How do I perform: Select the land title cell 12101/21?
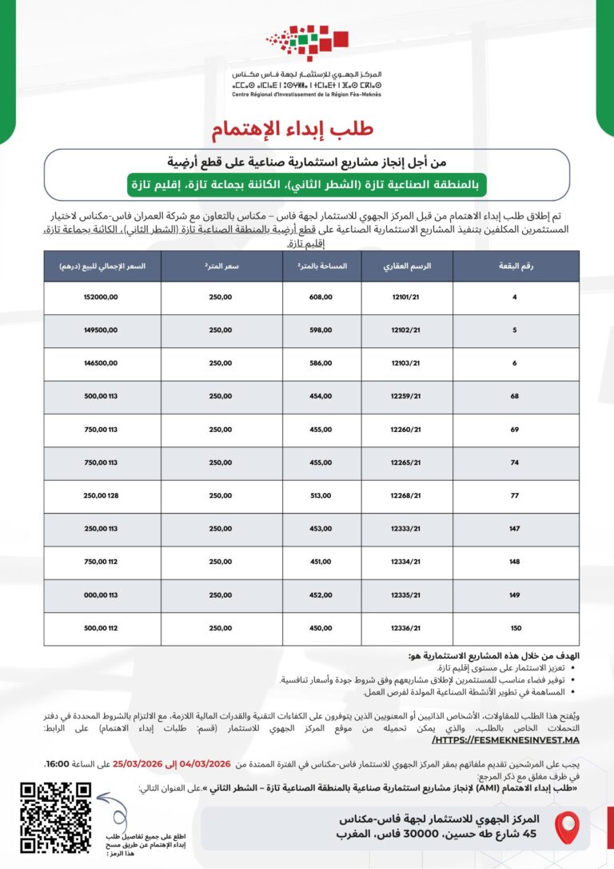tap(407, 298)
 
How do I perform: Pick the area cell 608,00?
tap(321, 298)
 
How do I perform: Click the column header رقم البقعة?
tap(516, 266)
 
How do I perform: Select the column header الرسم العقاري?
tap(407, 266)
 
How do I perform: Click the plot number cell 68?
tap(516, 397)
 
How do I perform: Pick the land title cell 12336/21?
tap(407, 629)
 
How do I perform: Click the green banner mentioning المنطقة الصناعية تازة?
tap(307, 184)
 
